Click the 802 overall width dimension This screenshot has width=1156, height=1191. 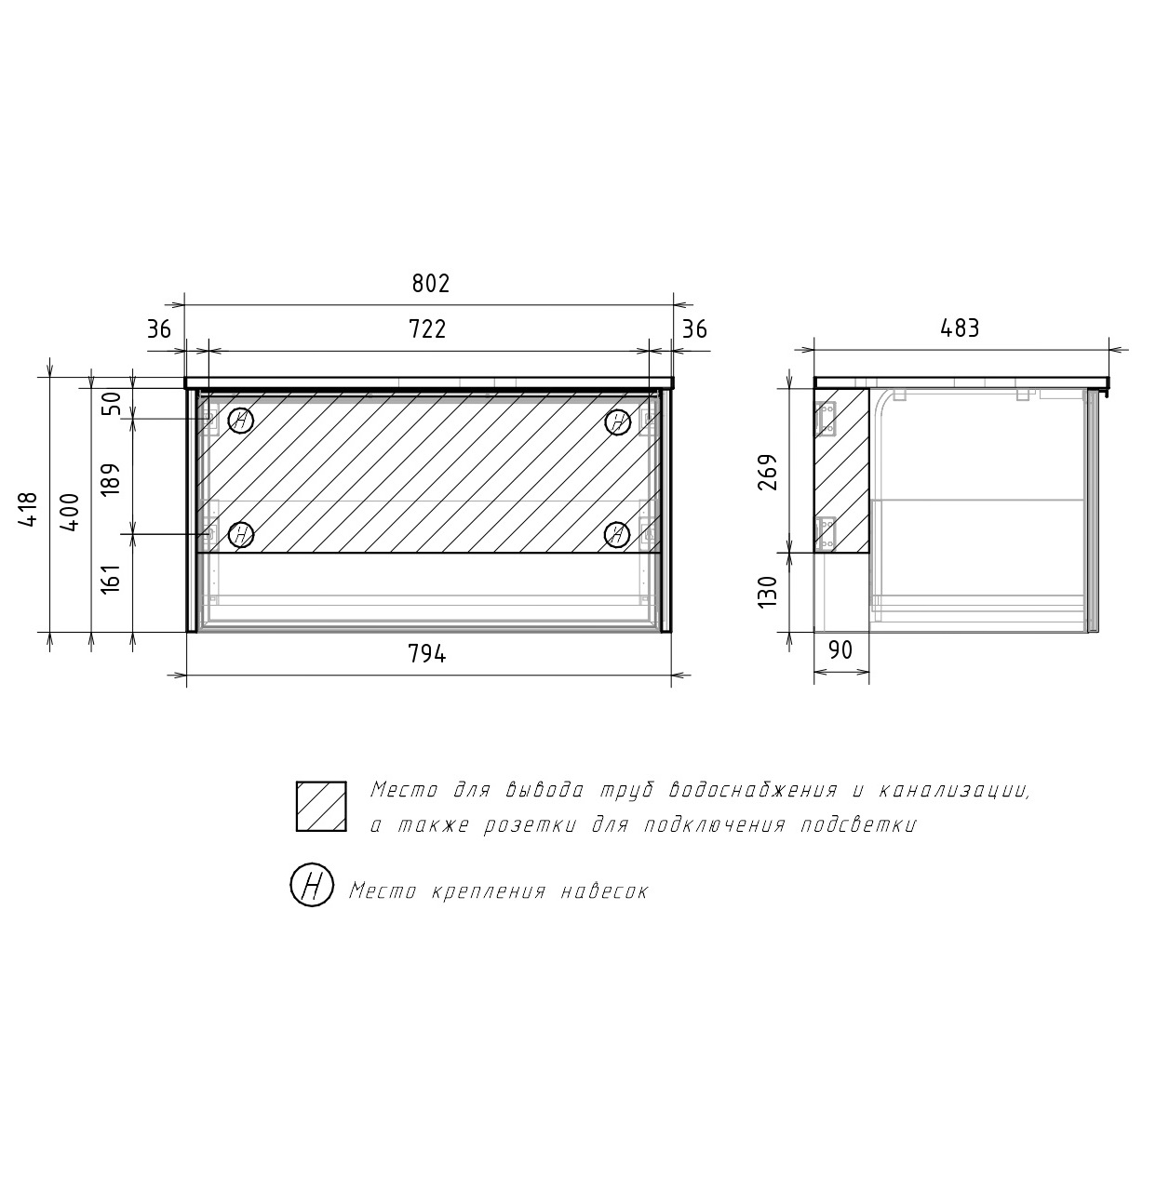430,284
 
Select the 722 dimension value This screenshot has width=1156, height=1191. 427,329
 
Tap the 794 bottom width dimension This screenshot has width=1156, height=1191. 427,654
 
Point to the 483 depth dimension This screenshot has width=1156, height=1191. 960,328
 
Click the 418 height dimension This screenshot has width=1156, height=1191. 29,509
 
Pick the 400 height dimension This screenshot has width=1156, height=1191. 70,513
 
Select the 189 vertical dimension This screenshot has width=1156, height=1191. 110,479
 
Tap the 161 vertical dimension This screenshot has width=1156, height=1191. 110,579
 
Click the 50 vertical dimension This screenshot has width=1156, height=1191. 112,404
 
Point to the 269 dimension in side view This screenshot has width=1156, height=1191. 767,472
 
